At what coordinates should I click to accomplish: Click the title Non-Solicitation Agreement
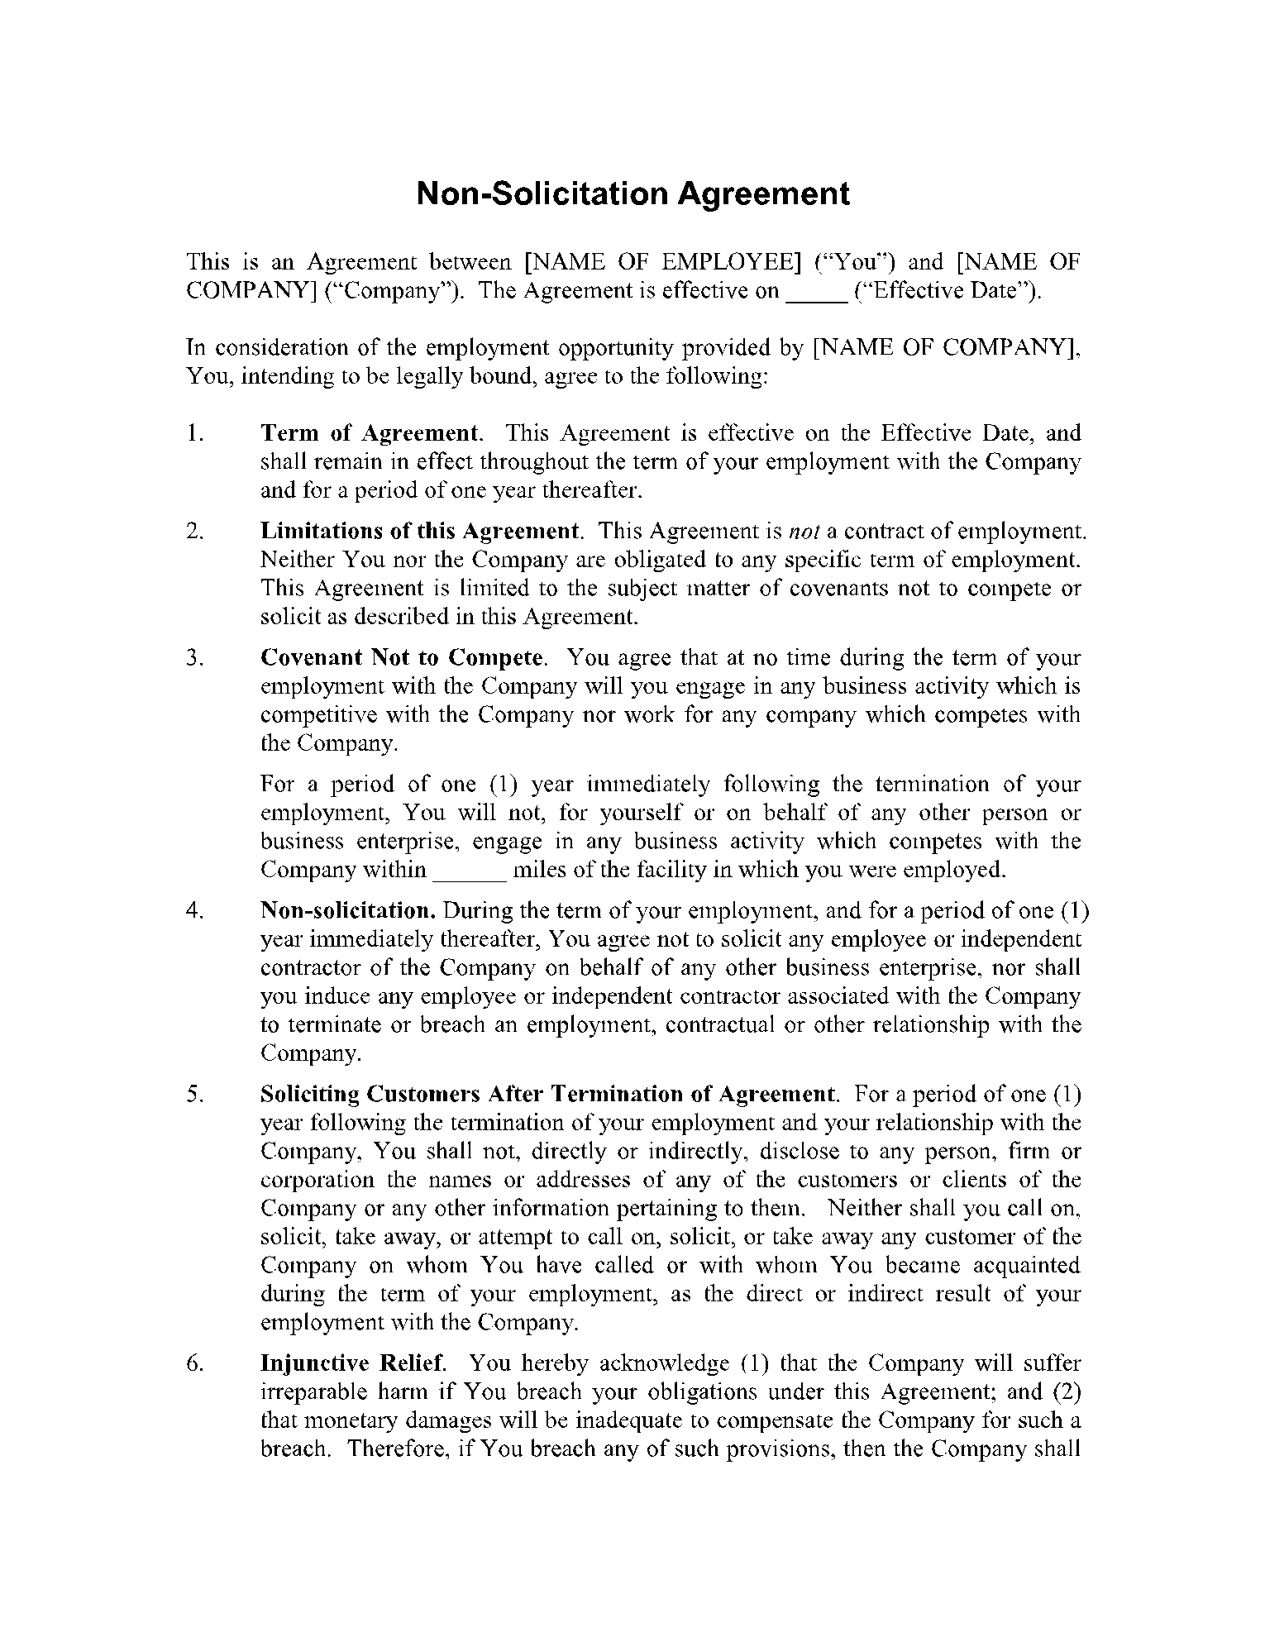(632, 194)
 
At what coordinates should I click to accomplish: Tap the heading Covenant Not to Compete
(403, 658)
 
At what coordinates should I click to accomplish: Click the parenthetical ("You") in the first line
(856, 263)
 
